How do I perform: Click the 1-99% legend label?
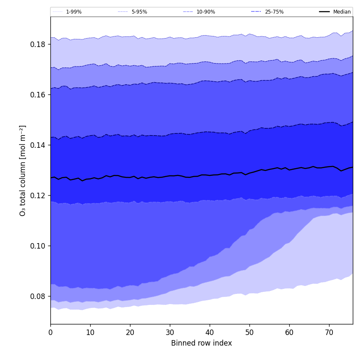point(74,12)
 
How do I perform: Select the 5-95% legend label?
point(139,12)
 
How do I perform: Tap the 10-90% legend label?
point(206,12)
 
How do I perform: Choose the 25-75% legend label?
point(274,12)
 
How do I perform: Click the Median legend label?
point(342,12)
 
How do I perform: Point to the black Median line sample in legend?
point(325,12)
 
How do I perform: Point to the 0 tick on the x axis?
point(50,332)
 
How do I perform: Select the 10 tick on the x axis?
point(90,332)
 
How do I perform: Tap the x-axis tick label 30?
point(170,332)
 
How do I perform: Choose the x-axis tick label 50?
point(249,332)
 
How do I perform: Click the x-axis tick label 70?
point(329,332)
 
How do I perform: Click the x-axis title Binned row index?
point(202,343)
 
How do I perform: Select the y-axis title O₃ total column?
point(23,170)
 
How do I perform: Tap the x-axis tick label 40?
point(210,332)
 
